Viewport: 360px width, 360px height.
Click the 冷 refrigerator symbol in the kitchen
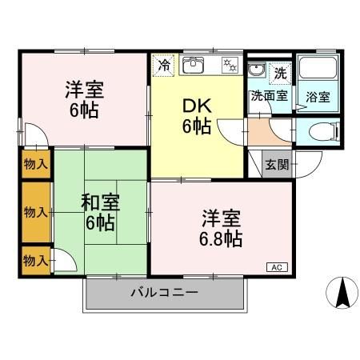[x=164, y=66]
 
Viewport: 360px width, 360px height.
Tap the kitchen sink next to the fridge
[x=195, y=66]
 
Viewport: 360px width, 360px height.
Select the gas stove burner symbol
[x=229, y=66]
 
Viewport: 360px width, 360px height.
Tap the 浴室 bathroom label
[x=318, y=98]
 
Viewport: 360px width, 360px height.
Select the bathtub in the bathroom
[x=318, y=73]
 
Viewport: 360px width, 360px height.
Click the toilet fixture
[x=324, y=132]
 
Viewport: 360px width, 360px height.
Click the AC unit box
[x=274, y=267]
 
